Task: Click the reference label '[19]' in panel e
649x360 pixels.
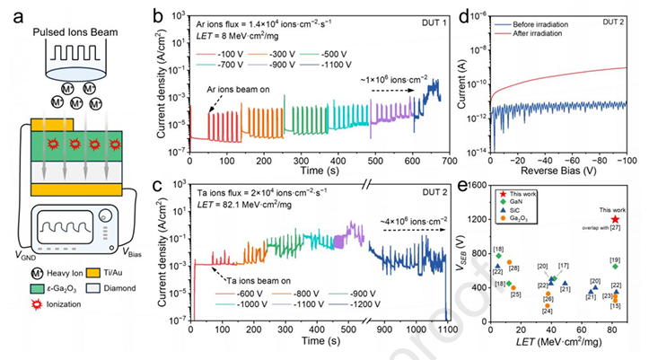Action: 614,260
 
